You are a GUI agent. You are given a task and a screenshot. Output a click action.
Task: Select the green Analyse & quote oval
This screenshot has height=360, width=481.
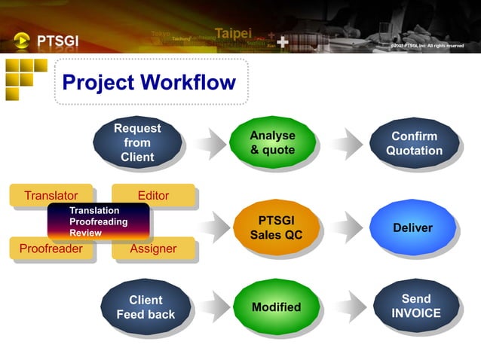(272, 142)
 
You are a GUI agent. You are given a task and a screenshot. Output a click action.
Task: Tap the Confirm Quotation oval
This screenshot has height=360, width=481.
(414, 142)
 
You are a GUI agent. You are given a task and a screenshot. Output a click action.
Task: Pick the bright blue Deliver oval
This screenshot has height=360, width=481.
(413, 227)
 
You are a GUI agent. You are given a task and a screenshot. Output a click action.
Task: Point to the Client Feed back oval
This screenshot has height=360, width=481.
(145, 307)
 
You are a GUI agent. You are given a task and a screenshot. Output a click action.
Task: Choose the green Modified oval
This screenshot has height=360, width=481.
(275, 307)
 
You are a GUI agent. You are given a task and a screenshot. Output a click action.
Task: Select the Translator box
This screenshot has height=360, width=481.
(51, 195)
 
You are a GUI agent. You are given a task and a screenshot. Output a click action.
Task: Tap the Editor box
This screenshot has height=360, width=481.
(153, 195)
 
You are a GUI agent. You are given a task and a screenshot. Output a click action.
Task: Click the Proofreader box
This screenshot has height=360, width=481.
(51, 249)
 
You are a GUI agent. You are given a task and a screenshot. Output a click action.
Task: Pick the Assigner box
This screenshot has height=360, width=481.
(153, 249)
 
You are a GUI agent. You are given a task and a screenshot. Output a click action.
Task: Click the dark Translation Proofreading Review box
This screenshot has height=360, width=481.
(98, 221)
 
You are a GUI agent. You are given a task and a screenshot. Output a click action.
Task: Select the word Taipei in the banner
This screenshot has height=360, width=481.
(233, 33)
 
